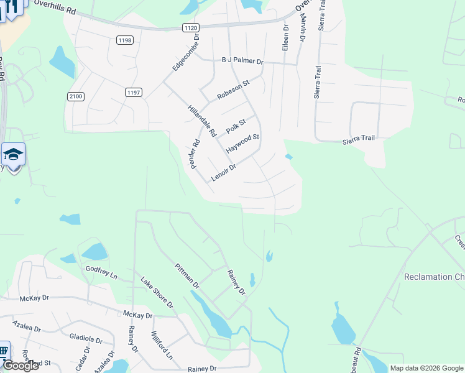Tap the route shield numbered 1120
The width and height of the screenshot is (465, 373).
(191, 27)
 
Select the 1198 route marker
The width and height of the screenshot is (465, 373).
(124, 40)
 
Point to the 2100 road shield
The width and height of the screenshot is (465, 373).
(75, 96)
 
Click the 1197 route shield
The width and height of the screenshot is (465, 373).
(134, 92)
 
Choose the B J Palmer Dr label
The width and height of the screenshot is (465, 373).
(243, 62)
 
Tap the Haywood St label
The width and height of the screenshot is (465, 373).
(242, 144)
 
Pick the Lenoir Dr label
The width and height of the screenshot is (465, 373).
(224, 172)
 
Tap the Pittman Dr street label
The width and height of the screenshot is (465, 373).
(186, 277)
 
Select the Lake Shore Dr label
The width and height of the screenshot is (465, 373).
(157, 293)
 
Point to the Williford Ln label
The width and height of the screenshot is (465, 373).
(161, 346)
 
